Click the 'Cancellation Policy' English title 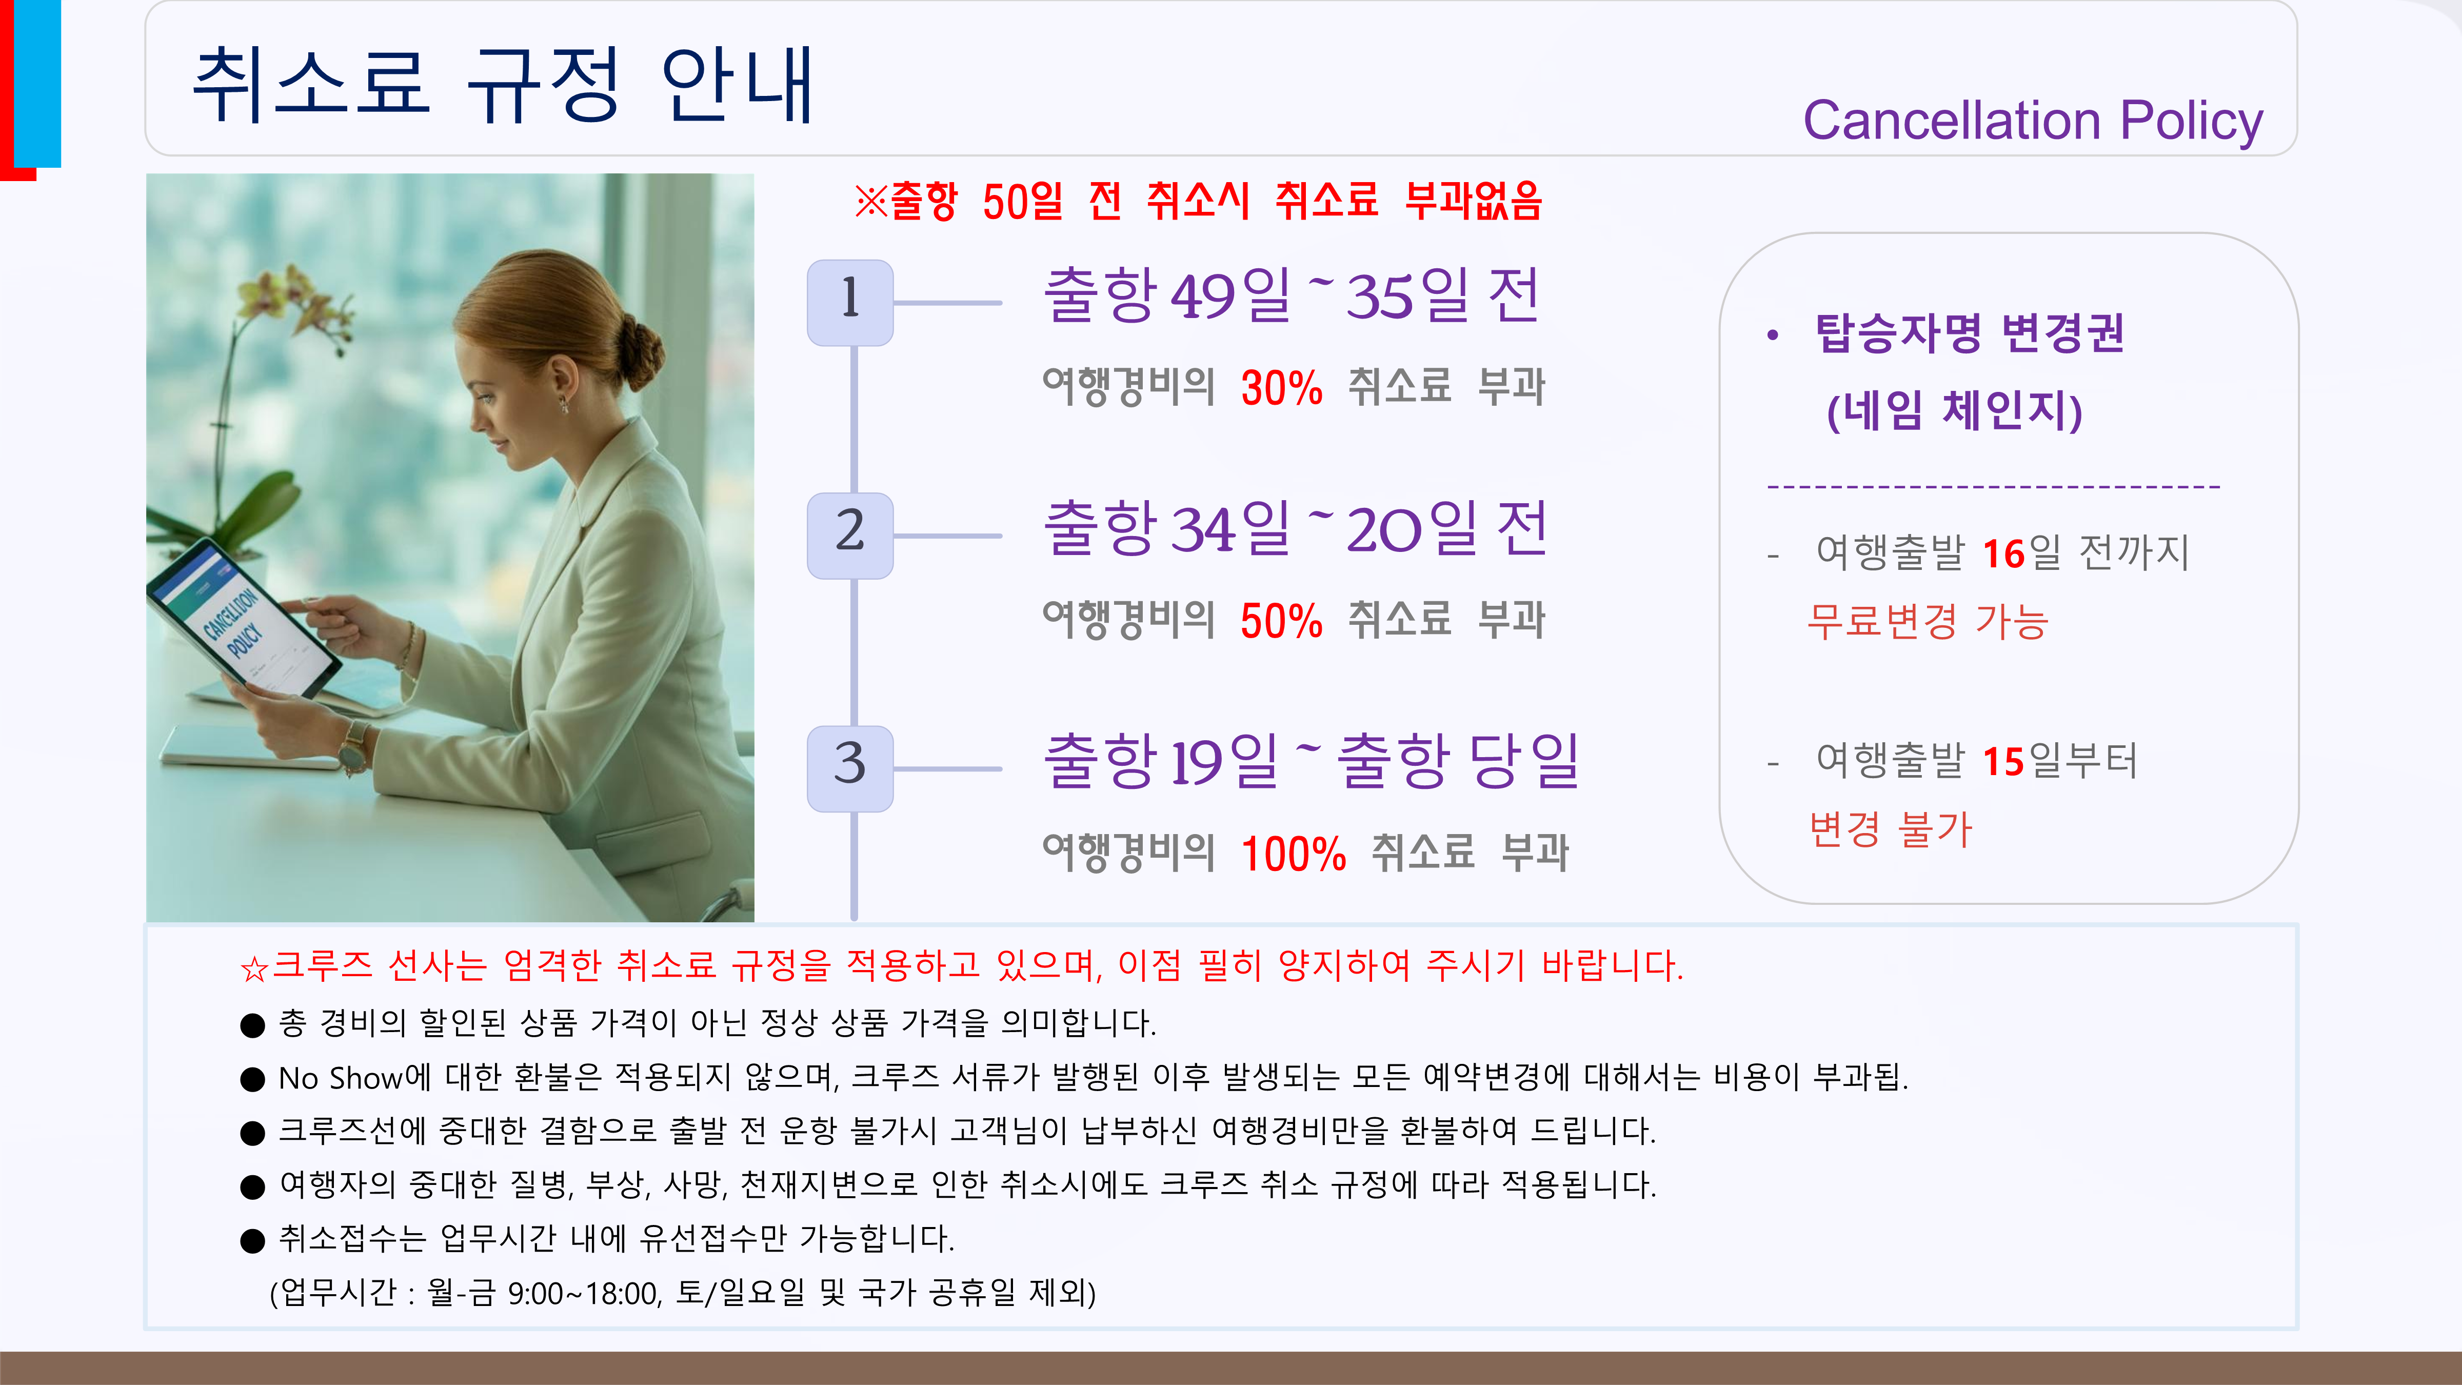[x=2033, y=123]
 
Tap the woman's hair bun [x=640, y=349]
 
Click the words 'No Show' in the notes [x=340, y=1078]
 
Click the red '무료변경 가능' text [x=1928, y=622]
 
